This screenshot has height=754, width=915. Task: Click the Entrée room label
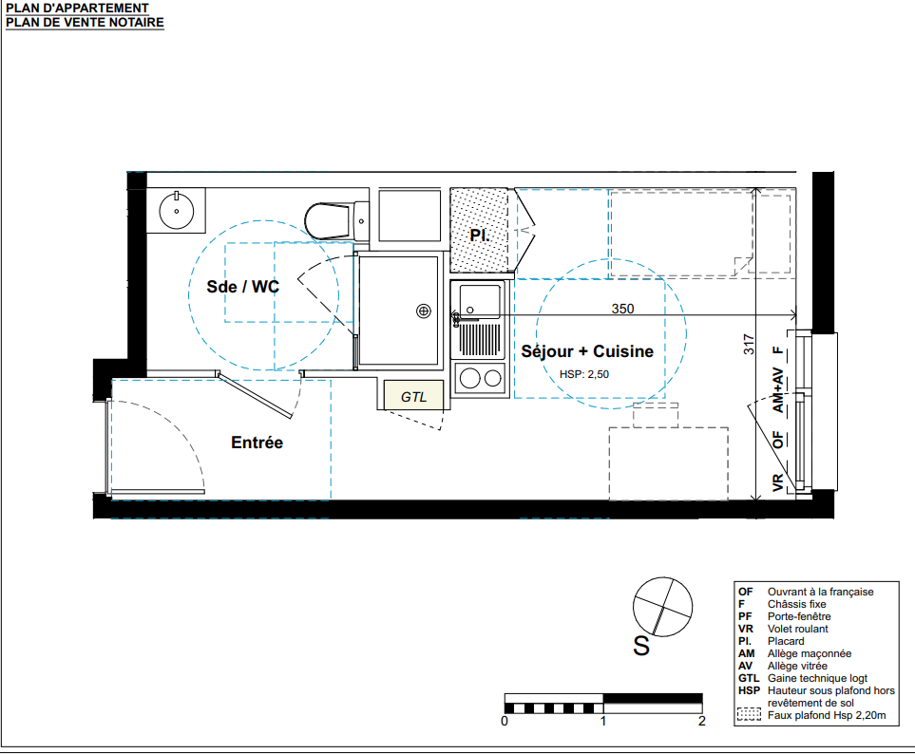click(257, 443)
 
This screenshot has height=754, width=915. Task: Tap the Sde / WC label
click(242, 287)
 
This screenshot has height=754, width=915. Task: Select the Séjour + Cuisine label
click(587, 351)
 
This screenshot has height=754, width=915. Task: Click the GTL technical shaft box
click(413, 395)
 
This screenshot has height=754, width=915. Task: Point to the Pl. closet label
click(479, 235)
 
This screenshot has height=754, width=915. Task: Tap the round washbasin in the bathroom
click(176, 210)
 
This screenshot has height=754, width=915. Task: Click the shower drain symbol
click(424, 311)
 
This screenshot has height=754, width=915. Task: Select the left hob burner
click(469, 379)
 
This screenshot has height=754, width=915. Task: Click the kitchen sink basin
click(480, 300)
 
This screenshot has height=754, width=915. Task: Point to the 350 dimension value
click(622, 309)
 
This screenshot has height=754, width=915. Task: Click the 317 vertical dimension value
click(749, 344)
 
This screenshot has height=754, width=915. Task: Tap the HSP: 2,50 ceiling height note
click(584, 374)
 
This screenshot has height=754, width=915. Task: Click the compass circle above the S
click(662, 607)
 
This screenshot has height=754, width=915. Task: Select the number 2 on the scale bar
click(702, 722)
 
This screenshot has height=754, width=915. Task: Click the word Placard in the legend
click(786, 641)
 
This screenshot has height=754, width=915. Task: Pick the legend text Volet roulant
click(798, 629)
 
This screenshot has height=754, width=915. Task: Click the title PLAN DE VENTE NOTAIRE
click(86, 22)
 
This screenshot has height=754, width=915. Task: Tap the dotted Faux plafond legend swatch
click(749, 714)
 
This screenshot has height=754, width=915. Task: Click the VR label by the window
click(777, 482)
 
